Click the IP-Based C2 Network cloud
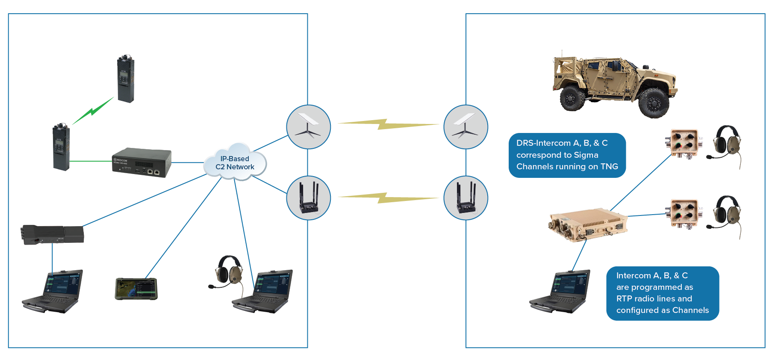coord(235,163)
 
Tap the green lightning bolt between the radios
coord(93,111)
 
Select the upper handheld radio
coord(126,79)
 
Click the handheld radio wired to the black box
coord(61,148)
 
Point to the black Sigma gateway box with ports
coord(141,162)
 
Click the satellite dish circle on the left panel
coord(308,127)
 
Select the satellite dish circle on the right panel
coord(466,127)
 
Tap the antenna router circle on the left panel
coord(308,198)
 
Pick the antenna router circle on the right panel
coord(466,198)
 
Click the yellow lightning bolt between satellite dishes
coord(387,124)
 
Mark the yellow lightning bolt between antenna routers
coord(387,198)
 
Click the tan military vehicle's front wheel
coord(654,103)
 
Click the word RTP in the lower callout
coord(624,298)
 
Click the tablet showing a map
coord(136,289)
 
